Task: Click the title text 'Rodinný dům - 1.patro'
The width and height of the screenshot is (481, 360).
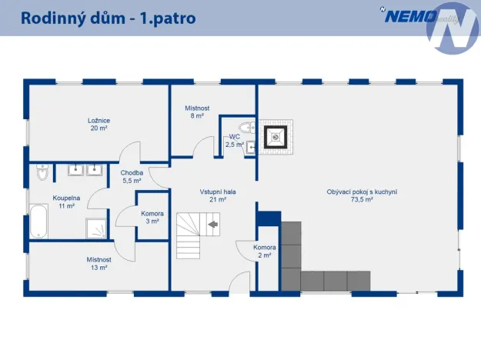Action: coord(108,17)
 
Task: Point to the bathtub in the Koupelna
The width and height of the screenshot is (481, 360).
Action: coord(39,220)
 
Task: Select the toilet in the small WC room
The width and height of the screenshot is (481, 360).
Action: coord(246,128)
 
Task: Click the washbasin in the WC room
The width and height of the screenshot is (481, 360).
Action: coord(251,148)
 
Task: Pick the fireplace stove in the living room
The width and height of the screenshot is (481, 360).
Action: coord(274,137)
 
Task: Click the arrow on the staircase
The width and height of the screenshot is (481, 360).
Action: coord(213,225)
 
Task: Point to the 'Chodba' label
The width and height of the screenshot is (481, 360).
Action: coord(132,173)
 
